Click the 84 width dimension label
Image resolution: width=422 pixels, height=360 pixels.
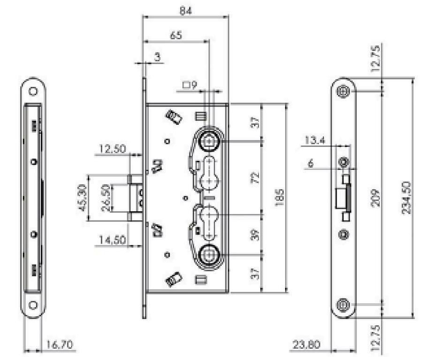[x=185, y=10]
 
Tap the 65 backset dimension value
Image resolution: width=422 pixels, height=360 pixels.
[x=176, y=35]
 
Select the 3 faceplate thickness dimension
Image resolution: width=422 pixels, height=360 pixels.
[x=158, y=57]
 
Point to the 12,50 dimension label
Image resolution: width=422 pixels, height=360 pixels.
[x=113, y=149]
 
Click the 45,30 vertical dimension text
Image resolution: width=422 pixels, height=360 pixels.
[x=82, y=198]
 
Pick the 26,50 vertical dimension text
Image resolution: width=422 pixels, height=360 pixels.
[x=106, y=198]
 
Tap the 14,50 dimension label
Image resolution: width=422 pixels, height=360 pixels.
[x=113, y=239]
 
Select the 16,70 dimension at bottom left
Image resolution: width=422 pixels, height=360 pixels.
[x=60, y=345]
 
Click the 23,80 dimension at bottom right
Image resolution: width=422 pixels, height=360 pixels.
[x=307, y=345]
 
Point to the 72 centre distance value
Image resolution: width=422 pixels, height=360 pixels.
[x=255, y=177]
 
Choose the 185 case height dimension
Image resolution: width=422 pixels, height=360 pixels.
[x=279, y=198]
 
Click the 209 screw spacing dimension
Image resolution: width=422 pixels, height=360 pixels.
[x=375, y=198]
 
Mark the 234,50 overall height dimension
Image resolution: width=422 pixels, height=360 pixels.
[x=407, y=198]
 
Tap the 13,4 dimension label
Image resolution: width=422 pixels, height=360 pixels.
[x=315, y=140]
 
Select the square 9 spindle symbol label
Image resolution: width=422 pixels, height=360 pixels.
[x=190, y=85]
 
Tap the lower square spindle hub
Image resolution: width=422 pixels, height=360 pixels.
[x=209, y=255]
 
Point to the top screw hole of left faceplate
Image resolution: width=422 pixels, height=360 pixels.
[x=33, y=92]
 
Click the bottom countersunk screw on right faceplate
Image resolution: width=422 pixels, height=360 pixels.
[x=343, y=305]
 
